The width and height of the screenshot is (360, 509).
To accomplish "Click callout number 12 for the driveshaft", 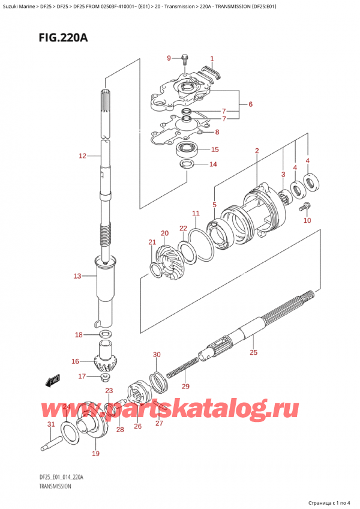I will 83,157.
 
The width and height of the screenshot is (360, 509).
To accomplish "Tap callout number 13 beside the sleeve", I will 76,276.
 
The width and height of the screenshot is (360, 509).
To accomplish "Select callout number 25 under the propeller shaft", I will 253,353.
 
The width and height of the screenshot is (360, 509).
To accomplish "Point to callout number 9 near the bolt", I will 169,58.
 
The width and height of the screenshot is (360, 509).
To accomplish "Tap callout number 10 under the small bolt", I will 307,220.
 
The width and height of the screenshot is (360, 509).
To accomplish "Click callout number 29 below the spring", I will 185,386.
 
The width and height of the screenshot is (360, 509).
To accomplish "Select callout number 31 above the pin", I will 50,425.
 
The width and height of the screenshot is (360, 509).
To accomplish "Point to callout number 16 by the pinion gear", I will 75,361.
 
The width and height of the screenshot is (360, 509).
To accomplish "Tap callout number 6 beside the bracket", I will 250,104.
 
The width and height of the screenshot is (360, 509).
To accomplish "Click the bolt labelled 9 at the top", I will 185,58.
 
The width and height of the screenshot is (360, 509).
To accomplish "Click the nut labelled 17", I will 105,377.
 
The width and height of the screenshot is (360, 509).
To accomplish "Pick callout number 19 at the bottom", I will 96,454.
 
